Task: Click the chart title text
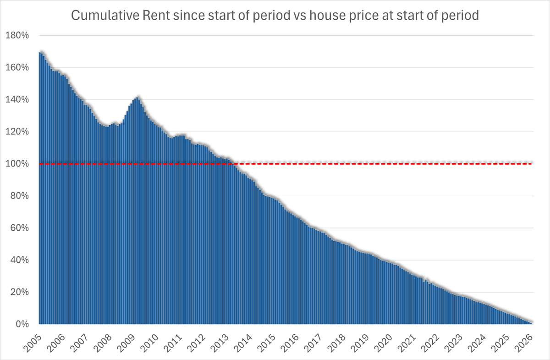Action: tap(275, 16)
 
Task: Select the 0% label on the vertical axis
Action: tap(23, 324)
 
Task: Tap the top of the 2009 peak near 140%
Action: tap(137, 97)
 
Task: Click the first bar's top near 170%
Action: tap(40, 53)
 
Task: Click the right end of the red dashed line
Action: tap(532, 164)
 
